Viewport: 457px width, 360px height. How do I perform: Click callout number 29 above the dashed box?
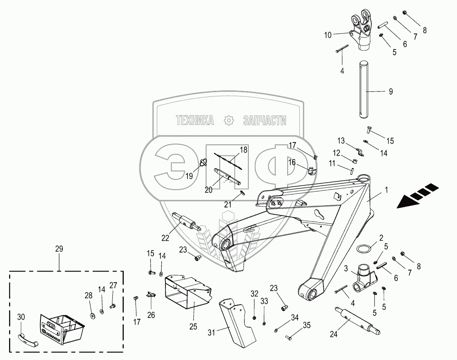[x=59, y=249]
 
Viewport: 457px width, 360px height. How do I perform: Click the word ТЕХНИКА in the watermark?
[x=195, y=121]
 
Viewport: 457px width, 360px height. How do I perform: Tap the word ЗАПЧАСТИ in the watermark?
[x=264, y=121]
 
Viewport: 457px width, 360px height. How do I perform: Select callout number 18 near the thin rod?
[x=244, y=150]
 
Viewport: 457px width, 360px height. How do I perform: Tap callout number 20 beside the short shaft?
[x=209, y=189]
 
